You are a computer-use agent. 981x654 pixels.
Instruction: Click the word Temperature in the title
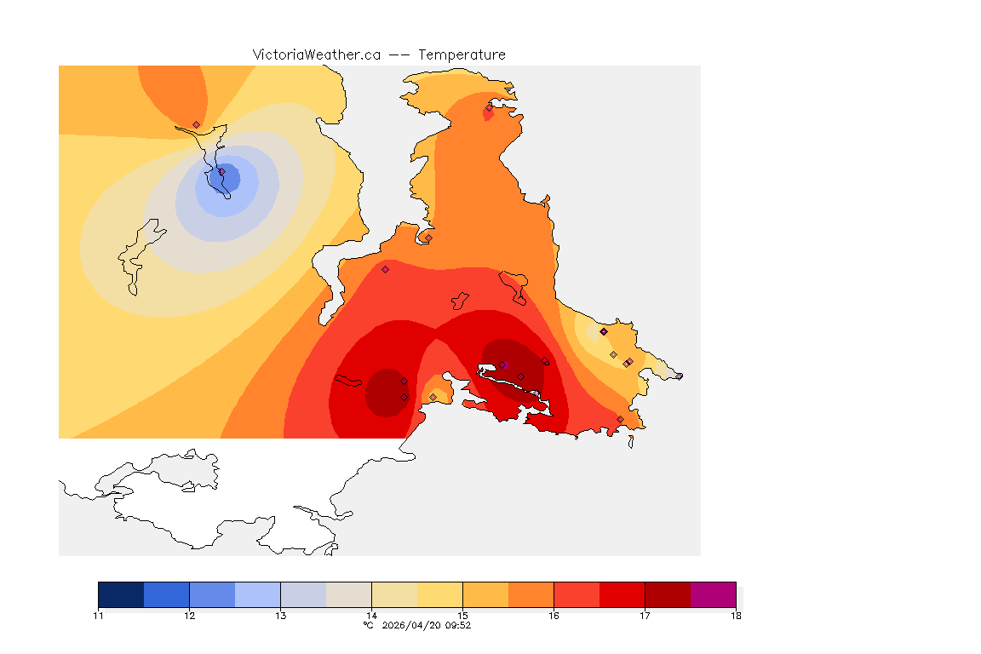[462, 54]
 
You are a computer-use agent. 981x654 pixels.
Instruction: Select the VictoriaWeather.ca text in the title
[316, 54]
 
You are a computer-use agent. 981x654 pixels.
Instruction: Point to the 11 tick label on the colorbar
[99, 615]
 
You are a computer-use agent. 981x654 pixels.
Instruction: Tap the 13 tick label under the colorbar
[280, 615]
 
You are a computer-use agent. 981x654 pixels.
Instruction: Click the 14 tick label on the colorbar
[371, 615]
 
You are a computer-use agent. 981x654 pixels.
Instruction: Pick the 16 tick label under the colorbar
[554, 615]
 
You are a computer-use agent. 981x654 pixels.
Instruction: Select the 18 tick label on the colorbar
[735, 615]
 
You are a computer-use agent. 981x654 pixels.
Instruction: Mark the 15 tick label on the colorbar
[462, 615]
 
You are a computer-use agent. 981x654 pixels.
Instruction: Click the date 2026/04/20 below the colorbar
[415, 625]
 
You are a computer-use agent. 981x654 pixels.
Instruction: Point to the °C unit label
[368, 625]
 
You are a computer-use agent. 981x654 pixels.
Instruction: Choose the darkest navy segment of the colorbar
[121, 594]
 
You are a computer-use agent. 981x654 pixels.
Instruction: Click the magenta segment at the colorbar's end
[713, 594]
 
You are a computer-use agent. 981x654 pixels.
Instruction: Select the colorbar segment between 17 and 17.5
[668, 594]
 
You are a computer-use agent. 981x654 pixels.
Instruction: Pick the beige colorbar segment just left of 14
[349, 594]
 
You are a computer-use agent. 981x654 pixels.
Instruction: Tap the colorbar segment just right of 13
[303, 594]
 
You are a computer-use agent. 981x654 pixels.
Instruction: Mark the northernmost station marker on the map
[490, 107]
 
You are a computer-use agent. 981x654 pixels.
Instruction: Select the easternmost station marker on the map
[679, 376]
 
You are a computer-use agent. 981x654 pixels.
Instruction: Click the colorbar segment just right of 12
[212, 594]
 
